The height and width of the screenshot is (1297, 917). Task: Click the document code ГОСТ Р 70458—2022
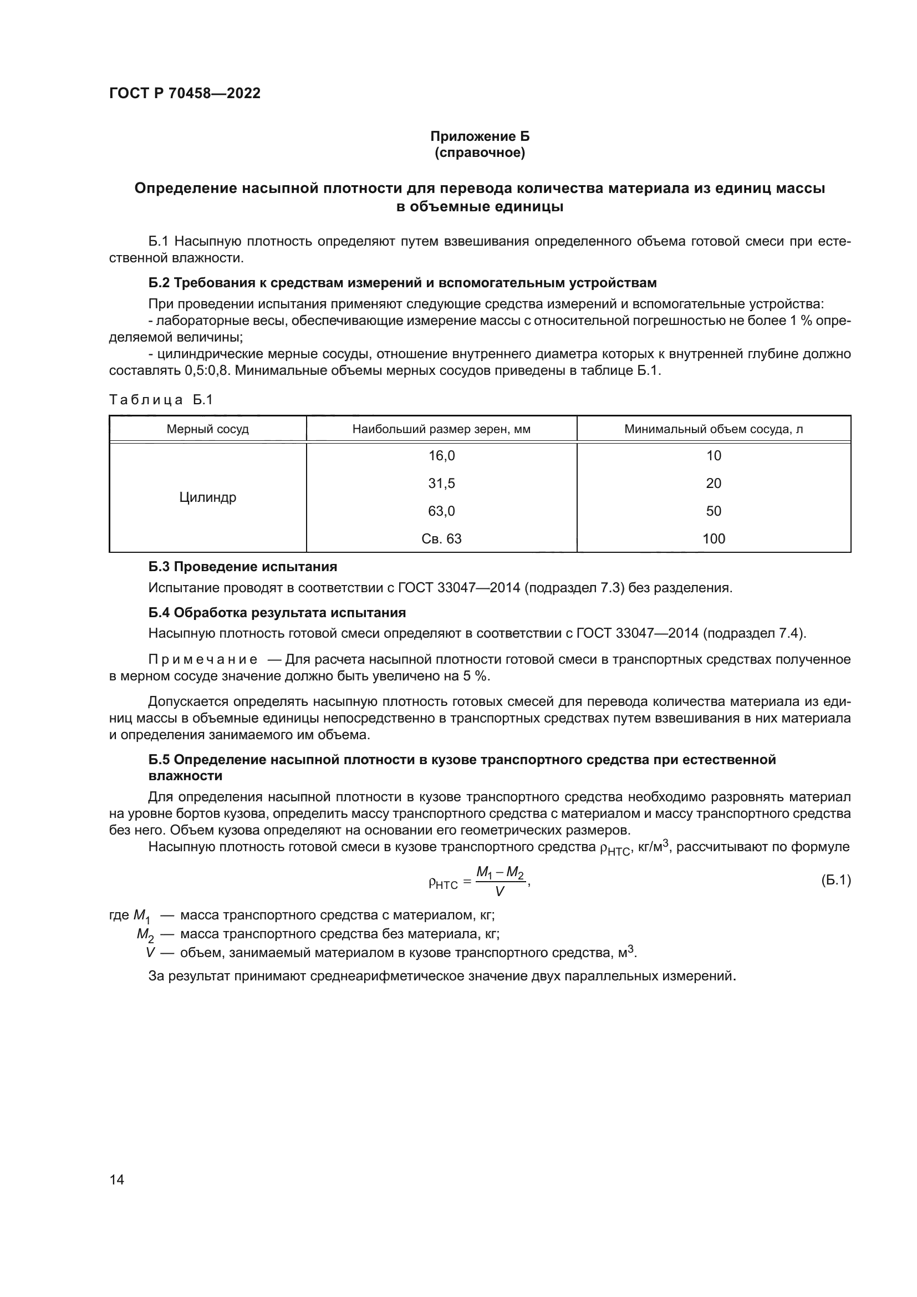pos(185,93)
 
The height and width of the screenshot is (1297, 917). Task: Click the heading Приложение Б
pos(480,136)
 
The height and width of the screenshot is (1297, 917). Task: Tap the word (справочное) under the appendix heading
pos(480,152)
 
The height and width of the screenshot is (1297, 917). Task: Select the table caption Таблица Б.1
pos(161,400)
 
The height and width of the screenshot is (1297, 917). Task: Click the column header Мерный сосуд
pos(207,429)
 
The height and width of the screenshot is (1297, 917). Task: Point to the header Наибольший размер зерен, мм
pos(441,429)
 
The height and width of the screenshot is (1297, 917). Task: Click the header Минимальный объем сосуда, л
pos(713,429)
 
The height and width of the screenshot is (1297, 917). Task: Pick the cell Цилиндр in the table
pos(207,497)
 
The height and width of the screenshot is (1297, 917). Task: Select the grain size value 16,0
pos(441,456)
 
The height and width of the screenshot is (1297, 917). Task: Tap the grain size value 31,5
pos(441,484)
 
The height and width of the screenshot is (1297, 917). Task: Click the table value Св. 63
pos(441,539)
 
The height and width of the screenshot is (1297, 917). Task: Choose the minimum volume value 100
pos(713,539)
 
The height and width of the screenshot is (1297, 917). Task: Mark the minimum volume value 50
pos(713,511)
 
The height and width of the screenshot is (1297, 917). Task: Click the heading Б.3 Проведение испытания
pos(242,567)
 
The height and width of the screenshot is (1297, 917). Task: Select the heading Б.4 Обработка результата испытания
pos(277,613)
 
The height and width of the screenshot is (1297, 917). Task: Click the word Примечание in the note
pos(203,660)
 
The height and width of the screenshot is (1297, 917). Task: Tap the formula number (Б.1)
pos(835,880)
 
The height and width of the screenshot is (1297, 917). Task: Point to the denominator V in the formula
pos(500,892)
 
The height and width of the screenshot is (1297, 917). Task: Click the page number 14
pos(117,1180)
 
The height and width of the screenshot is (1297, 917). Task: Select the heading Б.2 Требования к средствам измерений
pos(402,283)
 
